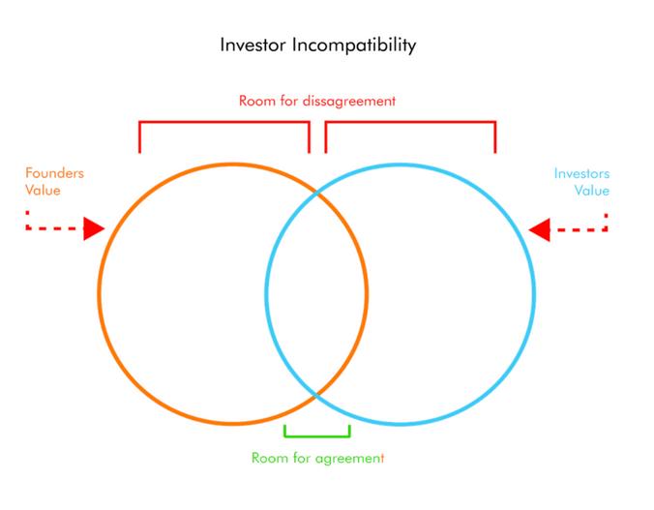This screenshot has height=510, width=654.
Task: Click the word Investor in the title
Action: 253,45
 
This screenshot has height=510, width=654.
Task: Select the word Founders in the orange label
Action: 54,173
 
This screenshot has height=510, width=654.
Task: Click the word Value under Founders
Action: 43,191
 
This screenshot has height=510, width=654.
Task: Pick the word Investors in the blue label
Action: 581,173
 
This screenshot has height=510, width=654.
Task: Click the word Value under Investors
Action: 592,191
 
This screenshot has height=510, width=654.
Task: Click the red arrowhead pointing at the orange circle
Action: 94,228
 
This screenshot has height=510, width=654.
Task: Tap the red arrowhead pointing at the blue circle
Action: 540,229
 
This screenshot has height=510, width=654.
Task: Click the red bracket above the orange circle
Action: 224,123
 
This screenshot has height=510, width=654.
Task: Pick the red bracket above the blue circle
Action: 410,123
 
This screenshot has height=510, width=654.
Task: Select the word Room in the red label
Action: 255,101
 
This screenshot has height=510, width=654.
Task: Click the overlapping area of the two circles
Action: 317,293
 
